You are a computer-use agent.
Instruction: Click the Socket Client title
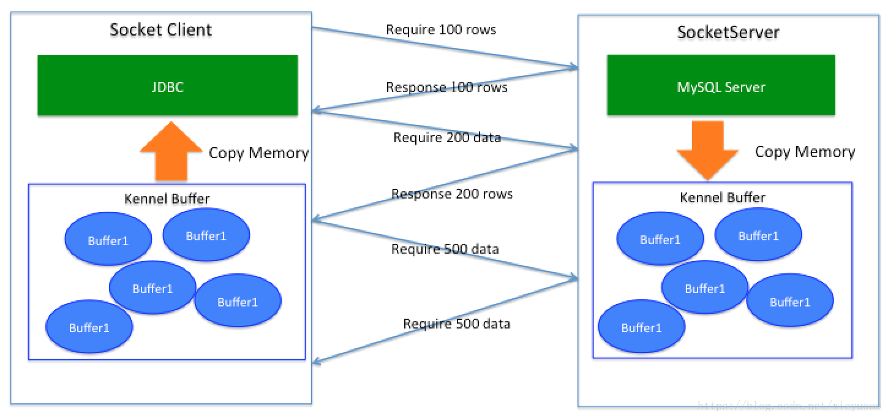coord(160,30)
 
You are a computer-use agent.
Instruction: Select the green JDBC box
coord(167,86)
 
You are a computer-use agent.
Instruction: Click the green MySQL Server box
coord(721,86)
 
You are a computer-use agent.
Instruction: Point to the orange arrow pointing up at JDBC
coord(170,151)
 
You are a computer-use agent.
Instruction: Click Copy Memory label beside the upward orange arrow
coord(258,153)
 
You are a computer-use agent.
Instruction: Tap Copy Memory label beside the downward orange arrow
coord(804,151)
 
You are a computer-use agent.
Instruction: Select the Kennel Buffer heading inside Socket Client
coord(167,199)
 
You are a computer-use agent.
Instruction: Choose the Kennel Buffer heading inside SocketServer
coord(722,197)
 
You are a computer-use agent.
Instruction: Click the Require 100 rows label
coord(440,29)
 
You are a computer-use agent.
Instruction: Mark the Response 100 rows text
coord(446,87)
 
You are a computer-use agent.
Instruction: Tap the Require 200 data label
coord(446,137)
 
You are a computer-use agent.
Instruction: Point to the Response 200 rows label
coord(451,194)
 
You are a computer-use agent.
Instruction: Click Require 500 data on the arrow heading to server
coord(445,249)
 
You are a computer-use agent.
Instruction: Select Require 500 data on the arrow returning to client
coord(456,324)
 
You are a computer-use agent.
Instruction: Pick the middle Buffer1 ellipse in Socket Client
coord(152,288)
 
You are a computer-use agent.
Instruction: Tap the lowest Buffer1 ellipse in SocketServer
coord(641,327)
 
